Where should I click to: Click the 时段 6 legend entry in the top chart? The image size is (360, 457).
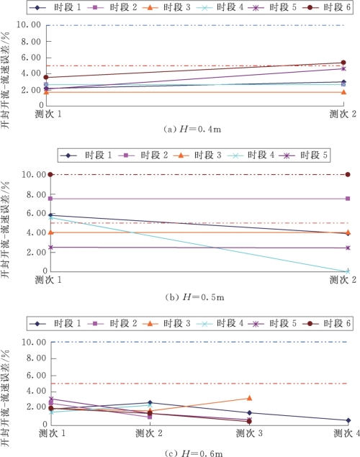326,7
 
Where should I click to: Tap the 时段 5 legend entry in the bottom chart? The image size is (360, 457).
272,323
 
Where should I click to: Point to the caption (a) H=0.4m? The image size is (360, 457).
192,129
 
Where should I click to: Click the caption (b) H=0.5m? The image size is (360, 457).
194,297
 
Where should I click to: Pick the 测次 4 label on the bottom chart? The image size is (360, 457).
346,433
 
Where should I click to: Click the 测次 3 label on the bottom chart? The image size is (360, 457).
249,433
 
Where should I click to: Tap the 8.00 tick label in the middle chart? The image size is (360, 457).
36,194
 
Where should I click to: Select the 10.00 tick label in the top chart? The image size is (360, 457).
29,24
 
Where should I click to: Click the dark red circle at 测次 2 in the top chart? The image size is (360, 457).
343,63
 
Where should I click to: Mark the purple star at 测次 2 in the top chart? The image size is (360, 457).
343,68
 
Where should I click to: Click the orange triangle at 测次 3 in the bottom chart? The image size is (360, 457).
249,398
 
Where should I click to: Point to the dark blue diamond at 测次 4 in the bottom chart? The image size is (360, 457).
348,420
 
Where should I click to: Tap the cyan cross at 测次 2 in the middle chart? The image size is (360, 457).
348,271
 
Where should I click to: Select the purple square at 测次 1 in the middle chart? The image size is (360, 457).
50,199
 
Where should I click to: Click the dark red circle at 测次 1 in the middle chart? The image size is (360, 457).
50,174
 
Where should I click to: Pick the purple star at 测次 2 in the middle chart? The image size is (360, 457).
348,248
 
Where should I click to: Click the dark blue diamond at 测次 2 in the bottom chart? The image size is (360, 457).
150,402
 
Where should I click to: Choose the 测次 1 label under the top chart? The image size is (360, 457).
48,114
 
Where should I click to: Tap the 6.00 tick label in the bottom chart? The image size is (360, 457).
36,376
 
